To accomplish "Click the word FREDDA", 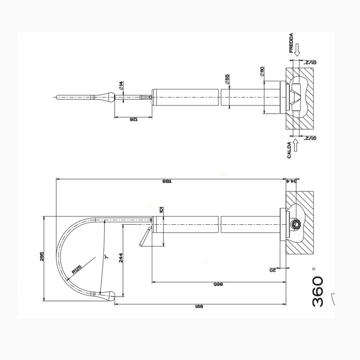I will (x=292, y=43).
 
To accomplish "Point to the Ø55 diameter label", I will (x=227, y=79).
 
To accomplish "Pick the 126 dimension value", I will (x=133, y=119).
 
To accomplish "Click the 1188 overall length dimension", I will (x=166, y=181).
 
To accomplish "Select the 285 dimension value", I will (x=42, y=256).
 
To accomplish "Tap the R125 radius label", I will (x=77, y=268).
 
